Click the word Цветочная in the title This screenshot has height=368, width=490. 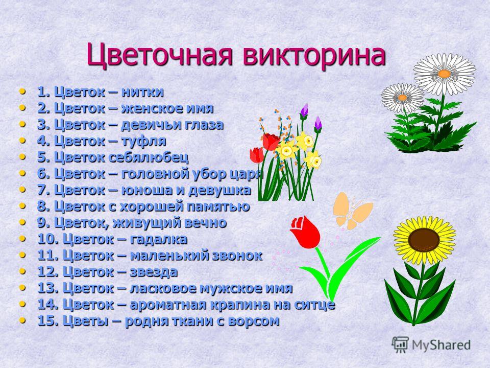pyautogui.click(x=160, y=56)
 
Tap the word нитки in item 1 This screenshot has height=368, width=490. pyautogui.click(x=142, y=92)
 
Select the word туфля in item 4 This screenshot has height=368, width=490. pyautogui.click(x=144, y=141)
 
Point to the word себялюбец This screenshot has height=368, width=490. pyautogui.click(x=149, y=157)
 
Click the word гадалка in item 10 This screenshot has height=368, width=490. pyautogui.click(x=158, y=239)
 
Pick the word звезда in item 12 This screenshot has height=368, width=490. pyautogui.click(x=154, y=271)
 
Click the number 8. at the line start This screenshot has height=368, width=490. pyautogui.click(x=44, y=206)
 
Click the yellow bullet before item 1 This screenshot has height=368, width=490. pyautogui.click(x=22, y=91)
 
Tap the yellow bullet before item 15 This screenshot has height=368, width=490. pyautogui.click(x=22, y=320)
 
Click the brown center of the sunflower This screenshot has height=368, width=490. pyautogui.click(x=424, y=240)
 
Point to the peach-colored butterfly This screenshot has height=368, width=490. pyautogui.click(x=353, y=211)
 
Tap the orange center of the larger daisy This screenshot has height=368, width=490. pyautogui.click(x=444, y=74)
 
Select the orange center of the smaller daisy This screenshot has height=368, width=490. pyautogui.click(x=403, y=98)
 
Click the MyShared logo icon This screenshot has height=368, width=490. pyautogui.click(x=400, y=345)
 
